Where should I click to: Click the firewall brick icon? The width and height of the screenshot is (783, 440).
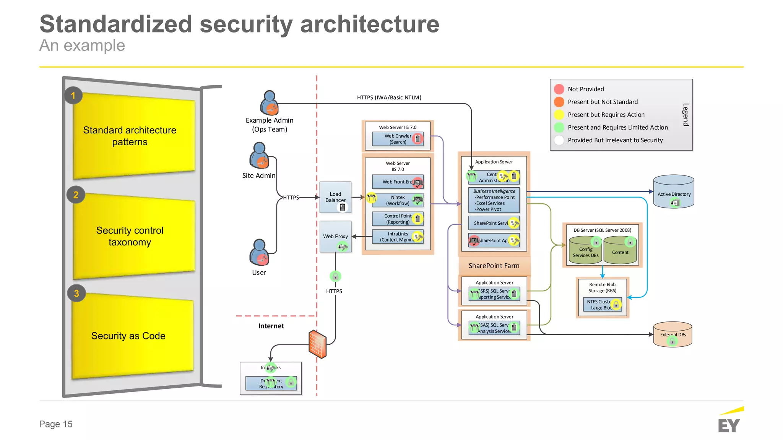(318, 344)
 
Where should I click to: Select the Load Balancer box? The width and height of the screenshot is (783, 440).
(335, 197)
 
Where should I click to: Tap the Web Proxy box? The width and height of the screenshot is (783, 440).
(335, 236)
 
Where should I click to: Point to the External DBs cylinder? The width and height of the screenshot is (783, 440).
(673, 334)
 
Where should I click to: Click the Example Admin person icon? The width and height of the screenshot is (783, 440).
(270, 103)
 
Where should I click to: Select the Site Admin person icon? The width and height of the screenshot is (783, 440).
(260, 156)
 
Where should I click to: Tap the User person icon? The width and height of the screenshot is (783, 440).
(260, 252)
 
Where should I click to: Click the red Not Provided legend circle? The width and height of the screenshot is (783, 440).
(559, 89)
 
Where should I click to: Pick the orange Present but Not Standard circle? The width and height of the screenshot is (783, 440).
(559, 102)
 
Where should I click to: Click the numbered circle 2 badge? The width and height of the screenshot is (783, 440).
(76, 195)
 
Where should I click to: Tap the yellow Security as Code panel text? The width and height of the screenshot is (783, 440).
(128, 336)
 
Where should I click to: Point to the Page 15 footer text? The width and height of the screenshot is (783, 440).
(56, 424)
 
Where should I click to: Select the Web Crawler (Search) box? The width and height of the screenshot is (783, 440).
(398, 139)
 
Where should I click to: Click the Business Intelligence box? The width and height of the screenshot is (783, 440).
(494, 200)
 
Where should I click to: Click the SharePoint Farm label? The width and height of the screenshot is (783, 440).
(494, 266)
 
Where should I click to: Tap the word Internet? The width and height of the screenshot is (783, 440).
(271, 326)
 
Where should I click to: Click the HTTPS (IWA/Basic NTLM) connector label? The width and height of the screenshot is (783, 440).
(389, 97)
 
